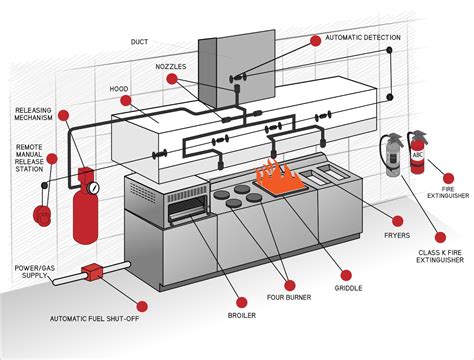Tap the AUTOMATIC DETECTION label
362,38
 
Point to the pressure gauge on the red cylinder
93,186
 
